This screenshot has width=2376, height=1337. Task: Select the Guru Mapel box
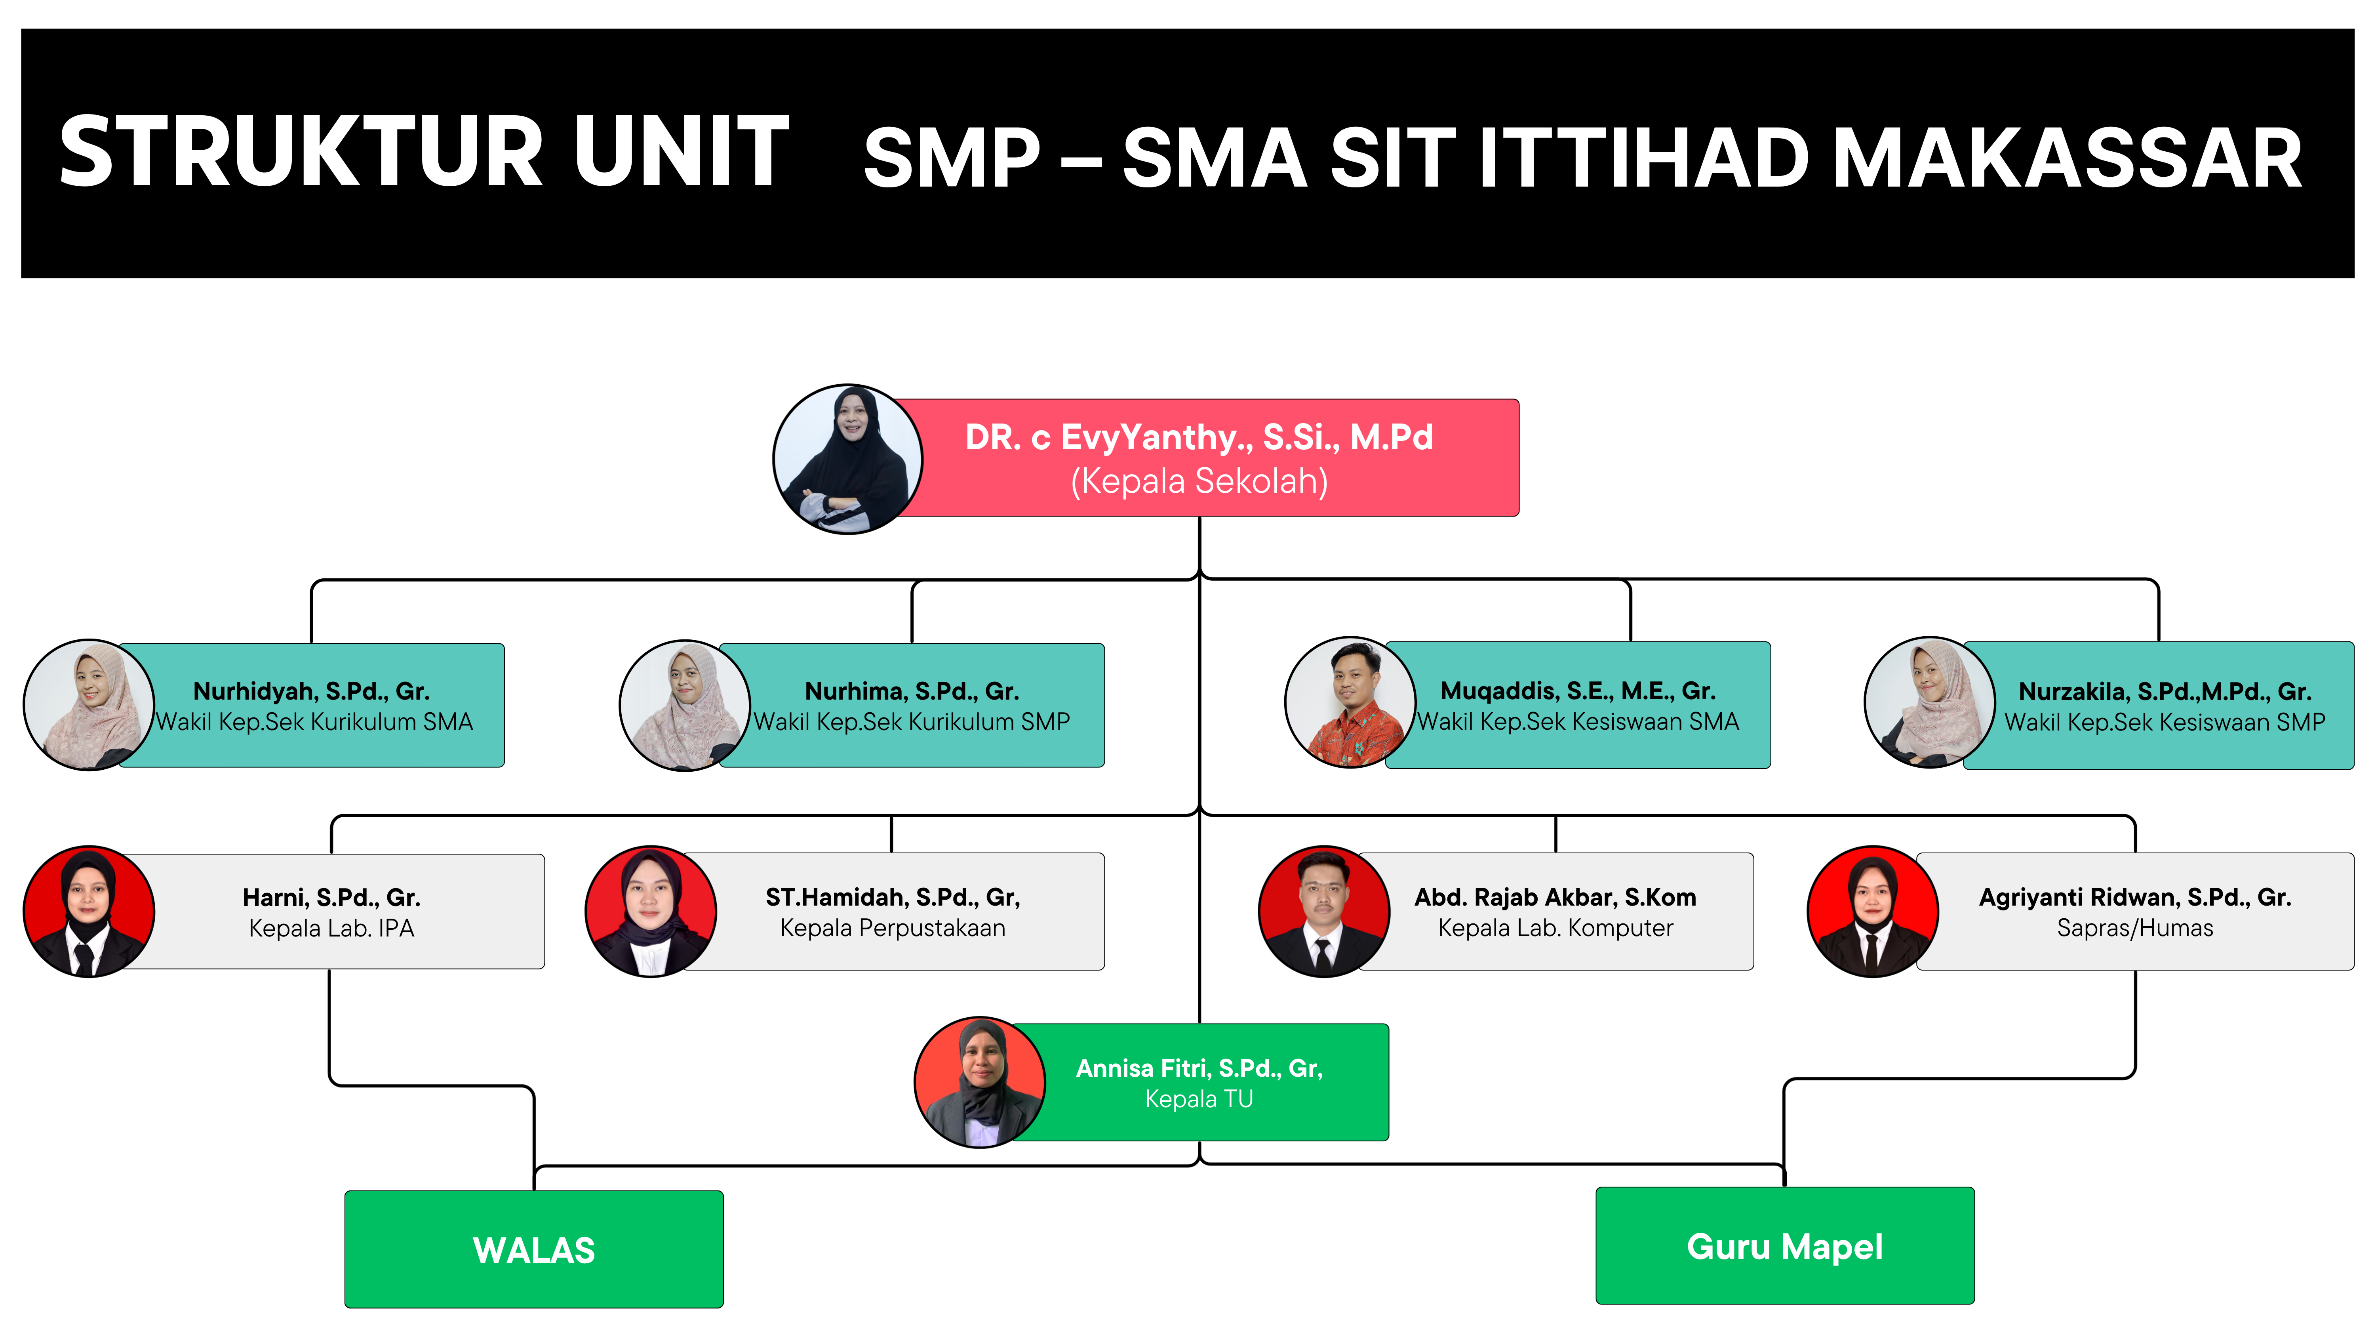pos(1785,1245)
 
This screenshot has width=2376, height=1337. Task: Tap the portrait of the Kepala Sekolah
pos(848,459)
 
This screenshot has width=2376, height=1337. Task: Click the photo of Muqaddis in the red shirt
pos(1350,702)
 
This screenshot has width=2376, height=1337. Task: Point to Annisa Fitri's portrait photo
pos(980,1082)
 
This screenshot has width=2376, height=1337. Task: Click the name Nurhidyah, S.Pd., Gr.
pos(312,691)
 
